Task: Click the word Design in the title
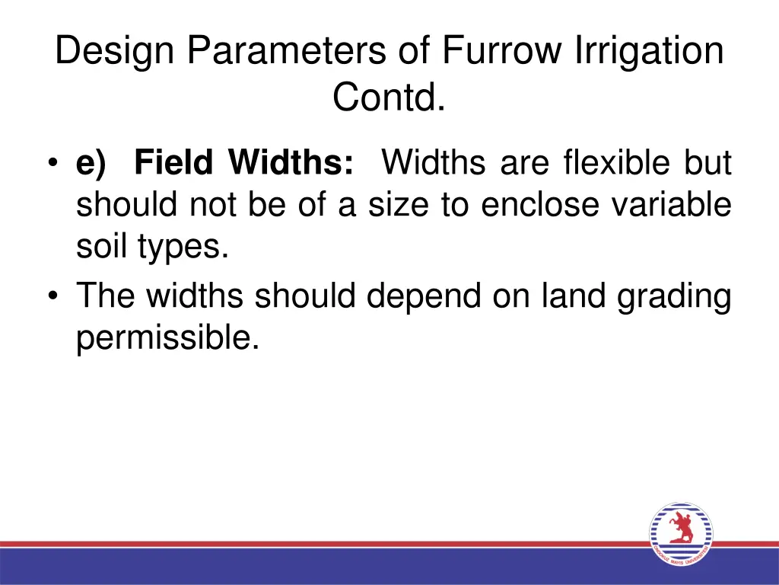tap(116, 53)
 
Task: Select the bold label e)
tap(91, 163)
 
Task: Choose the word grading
tap(674, 297)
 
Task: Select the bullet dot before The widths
tap(54, 297)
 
